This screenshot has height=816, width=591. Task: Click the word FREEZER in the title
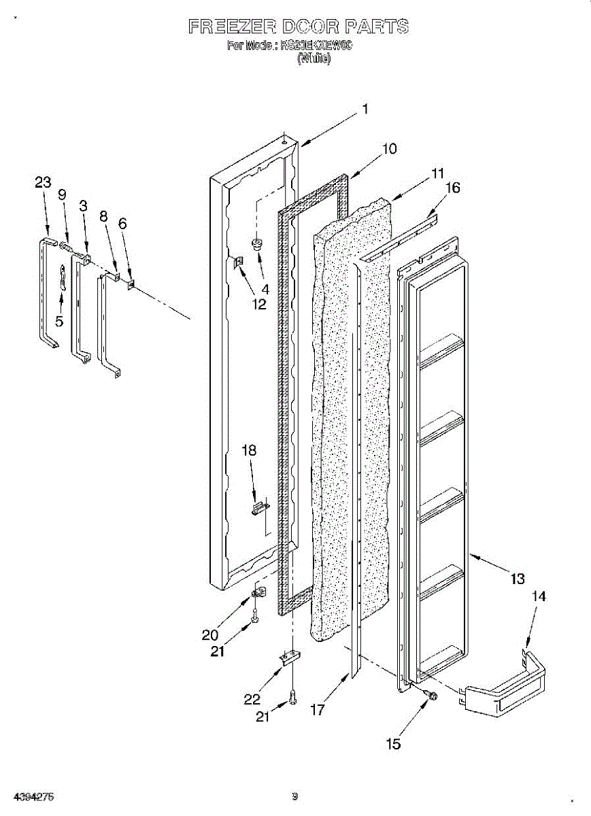(232, 27)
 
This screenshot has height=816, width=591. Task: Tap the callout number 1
(365, 109)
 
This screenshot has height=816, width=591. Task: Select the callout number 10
(389, 149)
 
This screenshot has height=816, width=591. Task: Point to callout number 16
(452, 188)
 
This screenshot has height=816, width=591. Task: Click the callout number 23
(43, 182)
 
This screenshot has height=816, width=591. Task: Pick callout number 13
(518, 579)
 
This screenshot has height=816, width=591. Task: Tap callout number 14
(538, 596)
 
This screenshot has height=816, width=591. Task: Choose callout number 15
(393, 744)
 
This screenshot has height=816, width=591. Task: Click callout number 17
(317, 710)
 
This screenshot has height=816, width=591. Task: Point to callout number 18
(250, 450)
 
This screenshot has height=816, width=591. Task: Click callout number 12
(259, 304)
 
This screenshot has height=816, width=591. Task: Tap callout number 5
(59, 322)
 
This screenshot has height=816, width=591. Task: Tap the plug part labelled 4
(259, 243)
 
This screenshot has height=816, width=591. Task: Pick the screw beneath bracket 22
(292, 696)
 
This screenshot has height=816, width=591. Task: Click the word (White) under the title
(314, 58)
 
